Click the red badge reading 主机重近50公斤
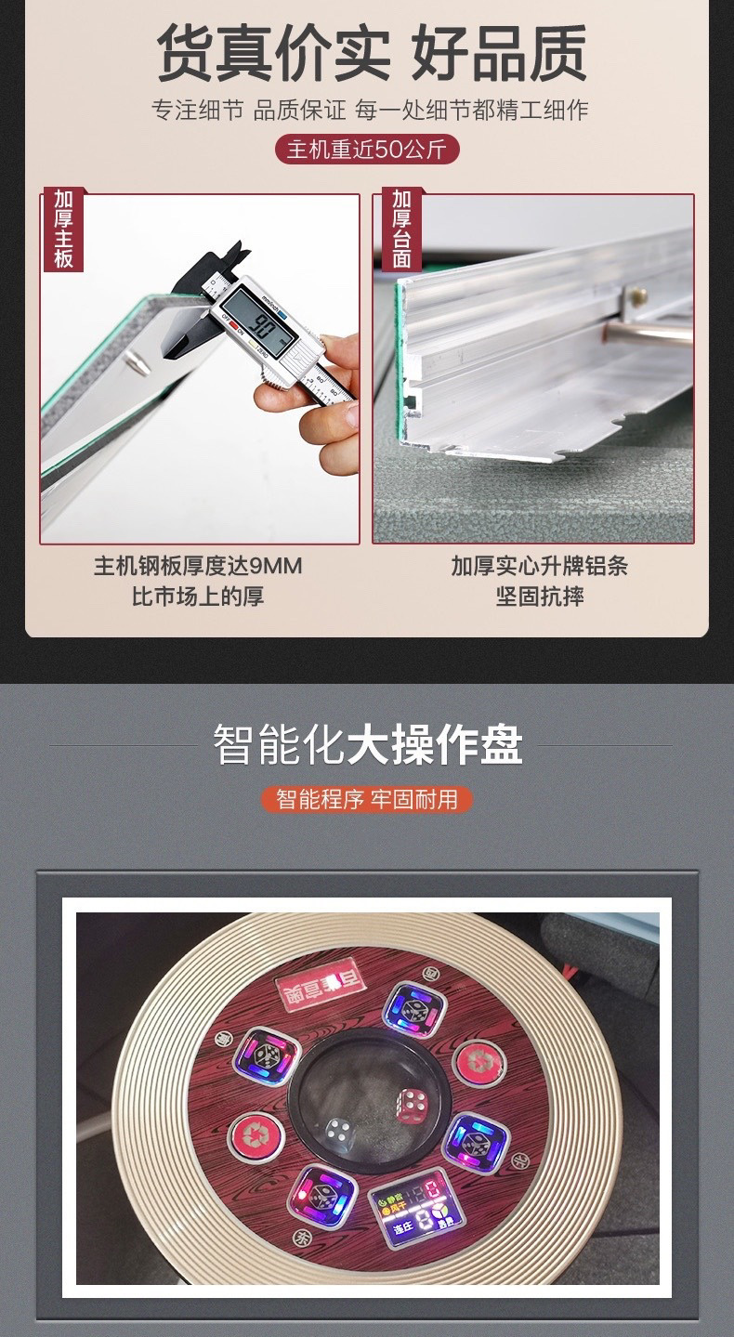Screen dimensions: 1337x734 pyautogui.click(x=367, y=150)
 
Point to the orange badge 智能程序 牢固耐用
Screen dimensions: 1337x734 pyautogui.click(x=367, y=798)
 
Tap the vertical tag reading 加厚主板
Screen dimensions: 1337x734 pyautogui.click(x=63, y=229)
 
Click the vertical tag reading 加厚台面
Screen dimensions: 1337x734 pyautogui.click(x=400, y=229)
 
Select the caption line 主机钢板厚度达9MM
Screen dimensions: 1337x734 pyautogui.click(x=198, y=566)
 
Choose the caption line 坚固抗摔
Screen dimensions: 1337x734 pyautogui.click(x=539, y=596)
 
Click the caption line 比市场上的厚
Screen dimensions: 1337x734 pyautogui.click(x=198, y=596)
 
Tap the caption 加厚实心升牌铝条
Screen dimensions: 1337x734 pyautogui.click(x=539, y=566)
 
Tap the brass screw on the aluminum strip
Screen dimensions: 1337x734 pyautogui.click(x=637, y=295)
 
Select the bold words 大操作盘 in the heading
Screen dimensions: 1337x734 pyautogui.click(x=435, y=745)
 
